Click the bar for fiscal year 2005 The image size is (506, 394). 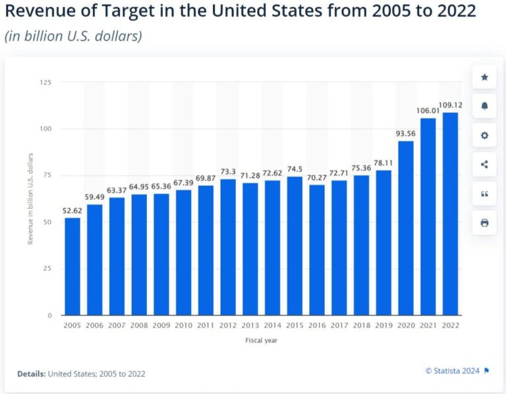click(x=72, y=266)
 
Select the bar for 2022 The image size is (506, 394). click(x=450, y=213)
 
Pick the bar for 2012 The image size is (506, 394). click(x=228, y=247)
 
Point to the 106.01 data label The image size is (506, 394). click(x=428, y=111)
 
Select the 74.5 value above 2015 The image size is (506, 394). click(x=295, y=169)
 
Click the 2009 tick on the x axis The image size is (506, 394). click(x=161, y=324)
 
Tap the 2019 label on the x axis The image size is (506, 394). click(x=383, y=324)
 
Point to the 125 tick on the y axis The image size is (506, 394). click(x=45, y=82)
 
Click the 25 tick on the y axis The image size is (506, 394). click(x=47, y=269)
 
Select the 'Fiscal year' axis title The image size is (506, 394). click(x=262, y=341)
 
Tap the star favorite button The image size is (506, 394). click(x=484, y=77)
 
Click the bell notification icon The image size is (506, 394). click(x=484, y=106)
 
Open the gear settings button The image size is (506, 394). click(x=484, y=135)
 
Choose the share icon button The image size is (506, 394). click(x=484, y=164)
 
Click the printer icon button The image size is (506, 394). click(x=484, y=223)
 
